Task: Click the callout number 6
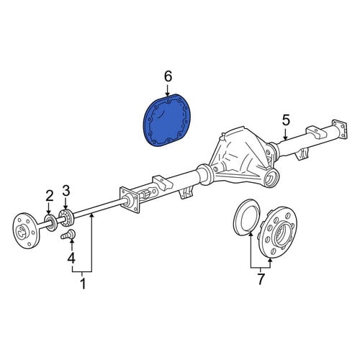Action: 168,77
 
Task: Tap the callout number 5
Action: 286,121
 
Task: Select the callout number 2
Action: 50,197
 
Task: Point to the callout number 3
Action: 66,191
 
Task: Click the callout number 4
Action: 71,258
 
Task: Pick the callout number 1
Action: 83,284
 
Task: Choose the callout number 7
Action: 261,279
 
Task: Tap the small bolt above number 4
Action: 68,234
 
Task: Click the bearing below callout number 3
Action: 66,217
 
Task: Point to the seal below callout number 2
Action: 50,223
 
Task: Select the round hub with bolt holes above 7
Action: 279,232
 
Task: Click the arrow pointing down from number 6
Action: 168,90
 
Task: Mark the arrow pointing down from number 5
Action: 285,135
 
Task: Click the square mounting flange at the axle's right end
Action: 340,129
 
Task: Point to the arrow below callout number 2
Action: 49,209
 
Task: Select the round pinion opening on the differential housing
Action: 271,178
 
